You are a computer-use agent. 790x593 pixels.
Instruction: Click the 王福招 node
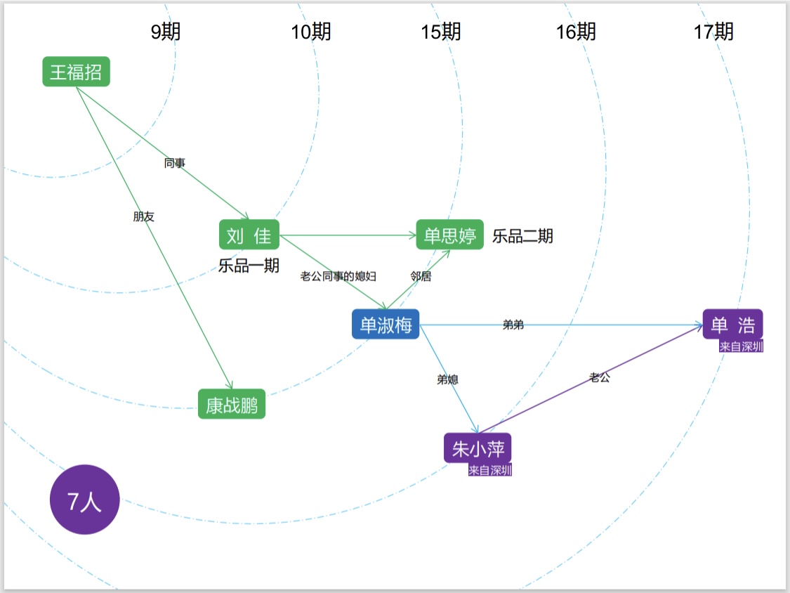(76, 72)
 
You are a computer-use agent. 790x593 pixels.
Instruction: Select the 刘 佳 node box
(249, 235)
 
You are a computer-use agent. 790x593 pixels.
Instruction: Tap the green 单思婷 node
(450, 235)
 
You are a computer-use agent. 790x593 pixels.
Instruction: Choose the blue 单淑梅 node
(386, 325)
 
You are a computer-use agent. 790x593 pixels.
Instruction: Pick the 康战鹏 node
(232, 404)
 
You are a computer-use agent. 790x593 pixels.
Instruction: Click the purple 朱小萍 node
(477, 448)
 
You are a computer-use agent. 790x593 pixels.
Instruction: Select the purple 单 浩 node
(732, 324)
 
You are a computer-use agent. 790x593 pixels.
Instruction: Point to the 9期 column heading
(166, 32)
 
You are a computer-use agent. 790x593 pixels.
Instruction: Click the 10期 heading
(311, 32)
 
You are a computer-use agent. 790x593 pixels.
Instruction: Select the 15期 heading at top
(441, 32)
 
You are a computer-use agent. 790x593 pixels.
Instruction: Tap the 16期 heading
(576, 32)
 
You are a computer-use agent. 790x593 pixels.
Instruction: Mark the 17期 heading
(713, 32)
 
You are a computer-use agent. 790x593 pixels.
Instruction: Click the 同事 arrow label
(175, 163)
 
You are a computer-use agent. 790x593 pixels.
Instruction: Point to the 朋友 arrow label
(143, 216)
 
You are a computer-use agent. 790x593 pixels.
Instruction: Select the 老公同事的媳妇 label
(338, 276)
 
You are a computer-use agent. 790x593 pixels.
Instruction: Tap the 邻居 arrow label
(421, 276)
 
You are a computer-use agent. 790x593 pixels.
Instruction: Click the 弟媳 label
(448, 379)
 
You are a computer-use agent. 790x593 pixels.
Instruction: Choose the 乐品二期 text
(522, 236)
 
